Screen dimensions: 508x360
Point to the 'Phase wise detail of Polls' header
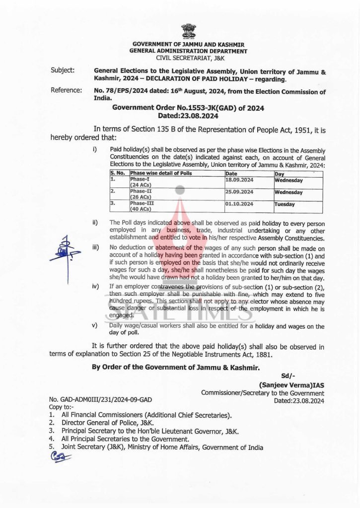click(x=160, y=174)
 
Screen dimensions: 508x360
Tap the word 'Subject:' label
click(x=63, y=70)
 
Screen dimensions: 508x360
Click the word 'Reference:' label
click(x=66, y=90)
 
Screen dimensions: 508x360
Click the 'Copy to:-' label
click(x=60, y=406)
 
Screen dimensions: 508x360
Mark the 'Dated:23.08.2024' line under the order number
click(x=188, y=115)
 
